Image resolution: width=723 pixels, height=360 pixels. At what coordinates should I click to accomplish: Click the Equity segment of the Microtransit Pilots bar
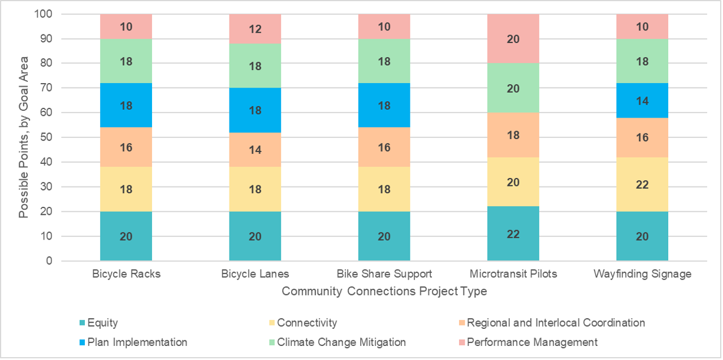point(513,233)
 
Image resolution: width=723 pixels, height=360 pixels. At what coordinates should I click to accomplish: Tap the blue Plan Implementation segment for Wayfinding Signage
point(642,101)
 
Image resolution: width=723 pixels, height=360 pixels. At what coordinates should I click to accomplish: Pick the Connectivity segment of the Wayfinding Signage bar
point(642,184)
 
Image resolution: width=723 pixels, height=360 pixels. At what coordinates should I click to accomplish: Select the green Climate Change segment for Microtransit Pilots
point(513,88)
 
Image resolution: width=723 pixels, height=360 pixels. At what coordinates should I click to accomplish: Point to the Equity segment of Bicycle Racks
point(126,236)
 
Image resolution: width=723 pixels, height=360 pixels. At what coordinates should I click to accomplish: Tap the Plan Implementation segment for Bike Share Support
point(384,106)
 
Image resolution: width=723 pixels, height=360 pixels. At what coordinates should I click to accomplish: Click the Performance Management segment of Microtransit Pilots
point(513,39)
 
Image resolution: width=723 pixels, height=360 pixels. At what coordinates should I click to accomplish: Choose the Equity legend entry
point(104,323)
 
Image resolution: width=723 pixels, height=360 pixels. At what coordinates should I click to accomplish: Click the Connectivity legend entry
point(306,323)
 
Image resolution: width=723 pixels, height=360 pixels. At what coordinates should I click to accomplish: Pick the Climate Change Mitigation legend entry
point(341,342)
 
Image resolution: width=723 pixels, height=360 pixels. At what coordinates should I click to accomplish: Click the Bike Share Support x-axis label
point(384,274)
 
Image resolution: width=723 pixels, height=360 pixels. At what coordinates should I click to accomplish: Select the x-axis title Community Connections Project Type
point(384,292)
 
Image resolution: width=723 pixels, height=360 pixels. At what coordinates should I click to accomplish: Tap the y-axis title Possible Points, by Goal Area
point(24,137)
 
